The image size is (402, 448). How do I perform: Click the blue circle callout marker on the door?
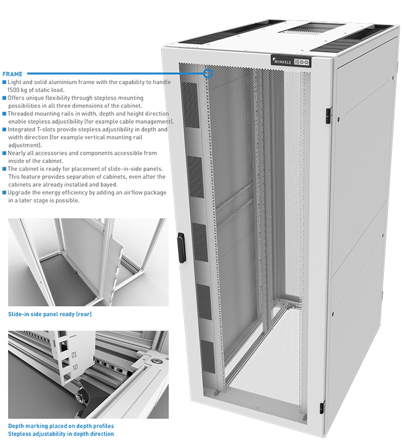(209, 73)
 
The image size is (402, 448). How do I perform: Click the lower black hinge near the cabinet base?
(322, 407)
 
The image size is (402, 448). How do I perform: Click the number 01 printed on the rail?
(75, 354)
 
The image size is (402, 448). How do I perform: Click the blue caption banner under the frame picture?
(51, 314)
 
